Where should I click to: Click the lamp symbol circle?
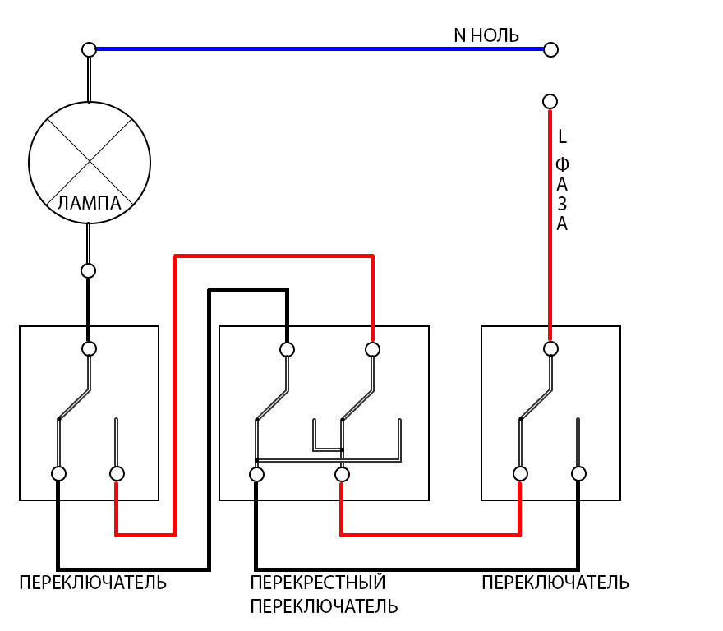pos(90,162)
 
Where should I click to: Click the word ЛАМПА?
pos(90,203)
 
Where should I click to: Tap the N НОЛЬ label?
pos(486,35)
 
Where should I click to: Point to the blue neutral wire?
pos(320,49)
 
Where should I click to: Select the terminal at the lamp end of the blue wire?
pos(90,49)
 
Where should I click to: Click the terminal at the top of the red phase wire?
pos(550,101)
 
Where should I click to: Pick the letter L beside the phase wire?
pos(562,136)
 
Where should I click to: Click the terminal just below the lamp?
pos(89,270)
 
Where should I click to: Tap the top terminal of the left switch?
pos(90,348)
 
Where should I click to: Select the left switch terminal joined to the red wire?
pos(117,473)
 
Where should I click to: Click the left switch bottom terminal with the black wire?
pos(58,473)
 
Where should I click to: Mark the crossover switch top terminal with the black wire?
pos(287,349)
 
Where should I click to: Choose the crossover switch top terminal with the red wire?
pos(372,349)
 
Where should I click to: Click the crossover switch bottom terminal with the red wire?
pos(342,474)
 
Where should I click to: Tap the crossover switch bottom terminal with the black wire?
pos(256,474)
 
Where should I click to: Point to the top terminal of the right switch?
pos(550,348)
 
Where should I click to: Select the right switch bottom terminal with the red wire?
pos(520,473)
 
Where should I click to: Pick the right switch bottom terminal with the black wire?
pos(578,473)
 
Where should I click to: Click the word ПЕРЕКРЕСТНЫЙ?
pos(318,583)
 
